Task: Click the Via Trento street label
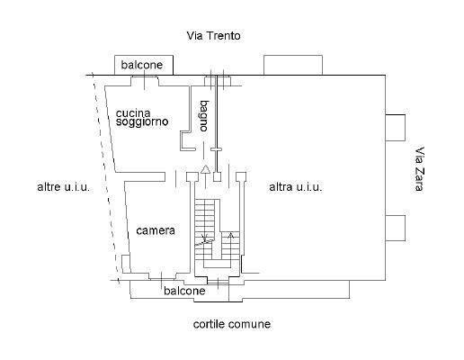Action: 213,36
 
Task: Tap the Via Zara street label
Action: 419,168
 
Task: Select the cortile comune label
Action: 232,324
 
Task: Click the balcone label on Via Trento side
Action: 142,65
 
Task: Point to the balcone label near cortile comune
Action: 184,291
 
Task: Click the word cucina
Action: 133,113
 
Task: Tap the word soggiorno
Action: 142,121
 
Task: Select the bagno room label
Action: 204,116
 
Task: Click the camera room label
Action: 156,230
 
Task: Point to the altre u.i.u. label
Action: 64,187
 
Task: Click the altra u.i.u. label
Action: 296,187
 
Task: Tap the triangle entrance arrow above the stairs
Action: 205,169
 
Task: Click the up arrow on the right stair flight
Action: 230,240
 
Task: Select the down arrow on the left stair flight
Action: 205,237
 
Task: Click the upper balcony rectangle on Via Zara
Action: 395,128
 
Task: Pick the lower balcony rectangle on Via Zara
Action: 395,228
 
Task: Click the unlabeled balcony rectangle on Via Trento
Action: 293,65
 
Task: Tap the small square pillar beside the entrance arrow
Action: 218,176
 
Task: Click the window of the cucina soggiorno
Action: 145,81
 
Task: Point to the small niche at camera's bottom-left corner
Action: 126,264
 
